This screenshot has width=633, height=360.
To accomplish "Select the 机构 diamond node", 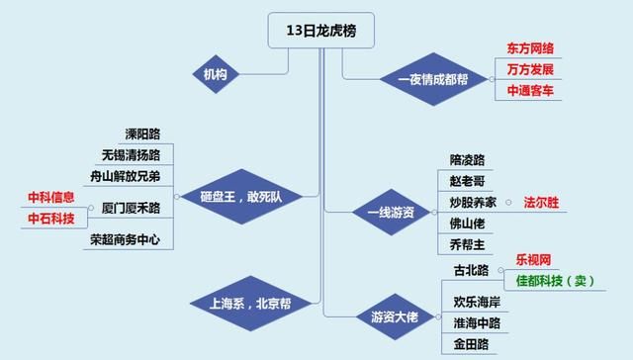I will [215, 74].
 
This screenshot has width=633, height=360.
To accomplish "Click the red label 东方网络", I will [530, 47].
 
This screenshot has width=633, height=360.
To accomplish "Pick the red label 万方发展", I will [530, 69].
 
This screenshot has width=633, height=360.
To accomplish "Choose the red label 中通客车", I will [530, 91].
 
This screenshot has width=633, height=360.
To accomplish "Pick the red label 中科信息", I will [50, 198].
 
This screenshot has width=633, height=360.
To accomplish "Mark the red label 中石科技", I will [50, 219].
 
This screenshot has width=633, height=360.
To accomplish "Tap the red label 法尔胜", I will [540, 202].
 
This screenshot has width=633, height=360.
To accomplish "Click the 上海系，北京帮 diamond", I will [241, 304].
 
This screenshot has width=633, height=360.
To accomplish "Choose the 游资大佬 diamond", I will [396, 315].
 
